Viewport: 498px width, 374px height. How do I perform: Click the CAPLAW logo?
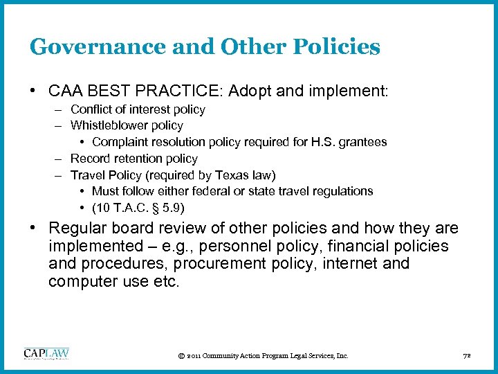pyautogui.click(x=46, y=354)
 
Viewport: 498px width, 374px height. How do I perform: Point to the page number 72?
pyautogui.click(x=465, y=356)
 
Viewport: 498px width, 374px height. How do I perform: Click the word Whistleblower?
pyautogui.click(x=108, y=125)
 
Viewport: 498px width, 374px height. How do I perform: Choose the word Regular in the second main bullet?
pyautogui.click(x=77, y=229)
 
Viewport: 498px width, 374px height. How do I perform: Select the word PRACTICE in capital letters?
pyautogui.click(x=168, y=91)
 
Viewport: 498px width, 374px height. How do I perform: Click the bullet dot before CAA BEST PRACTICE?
pyautogui.click(x=33, y=91)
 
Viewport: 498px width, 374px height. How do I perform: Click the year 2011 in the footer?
pyautogui.click(x=195, y=356)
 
